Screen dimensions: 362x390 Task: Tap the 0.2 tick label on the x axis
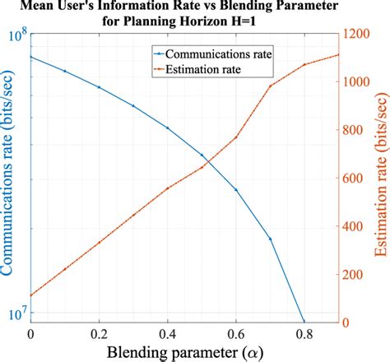[x=99, y=333]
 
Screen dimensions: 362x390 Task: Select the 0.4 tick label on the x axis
[x=167, y=333]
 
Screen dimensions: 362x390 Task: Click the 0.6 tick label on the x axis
[x=235, y=333]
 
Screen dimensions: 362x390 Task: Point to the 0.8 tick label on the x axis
[x=304, y=333]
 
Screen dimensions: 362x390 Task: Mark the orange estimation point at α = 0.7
[x=270, y=86]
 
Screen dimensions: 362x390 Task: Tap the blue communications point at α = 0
[x=31, y=57]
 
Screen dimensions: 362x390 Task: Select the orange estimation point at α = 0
[x=31, y=295]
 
